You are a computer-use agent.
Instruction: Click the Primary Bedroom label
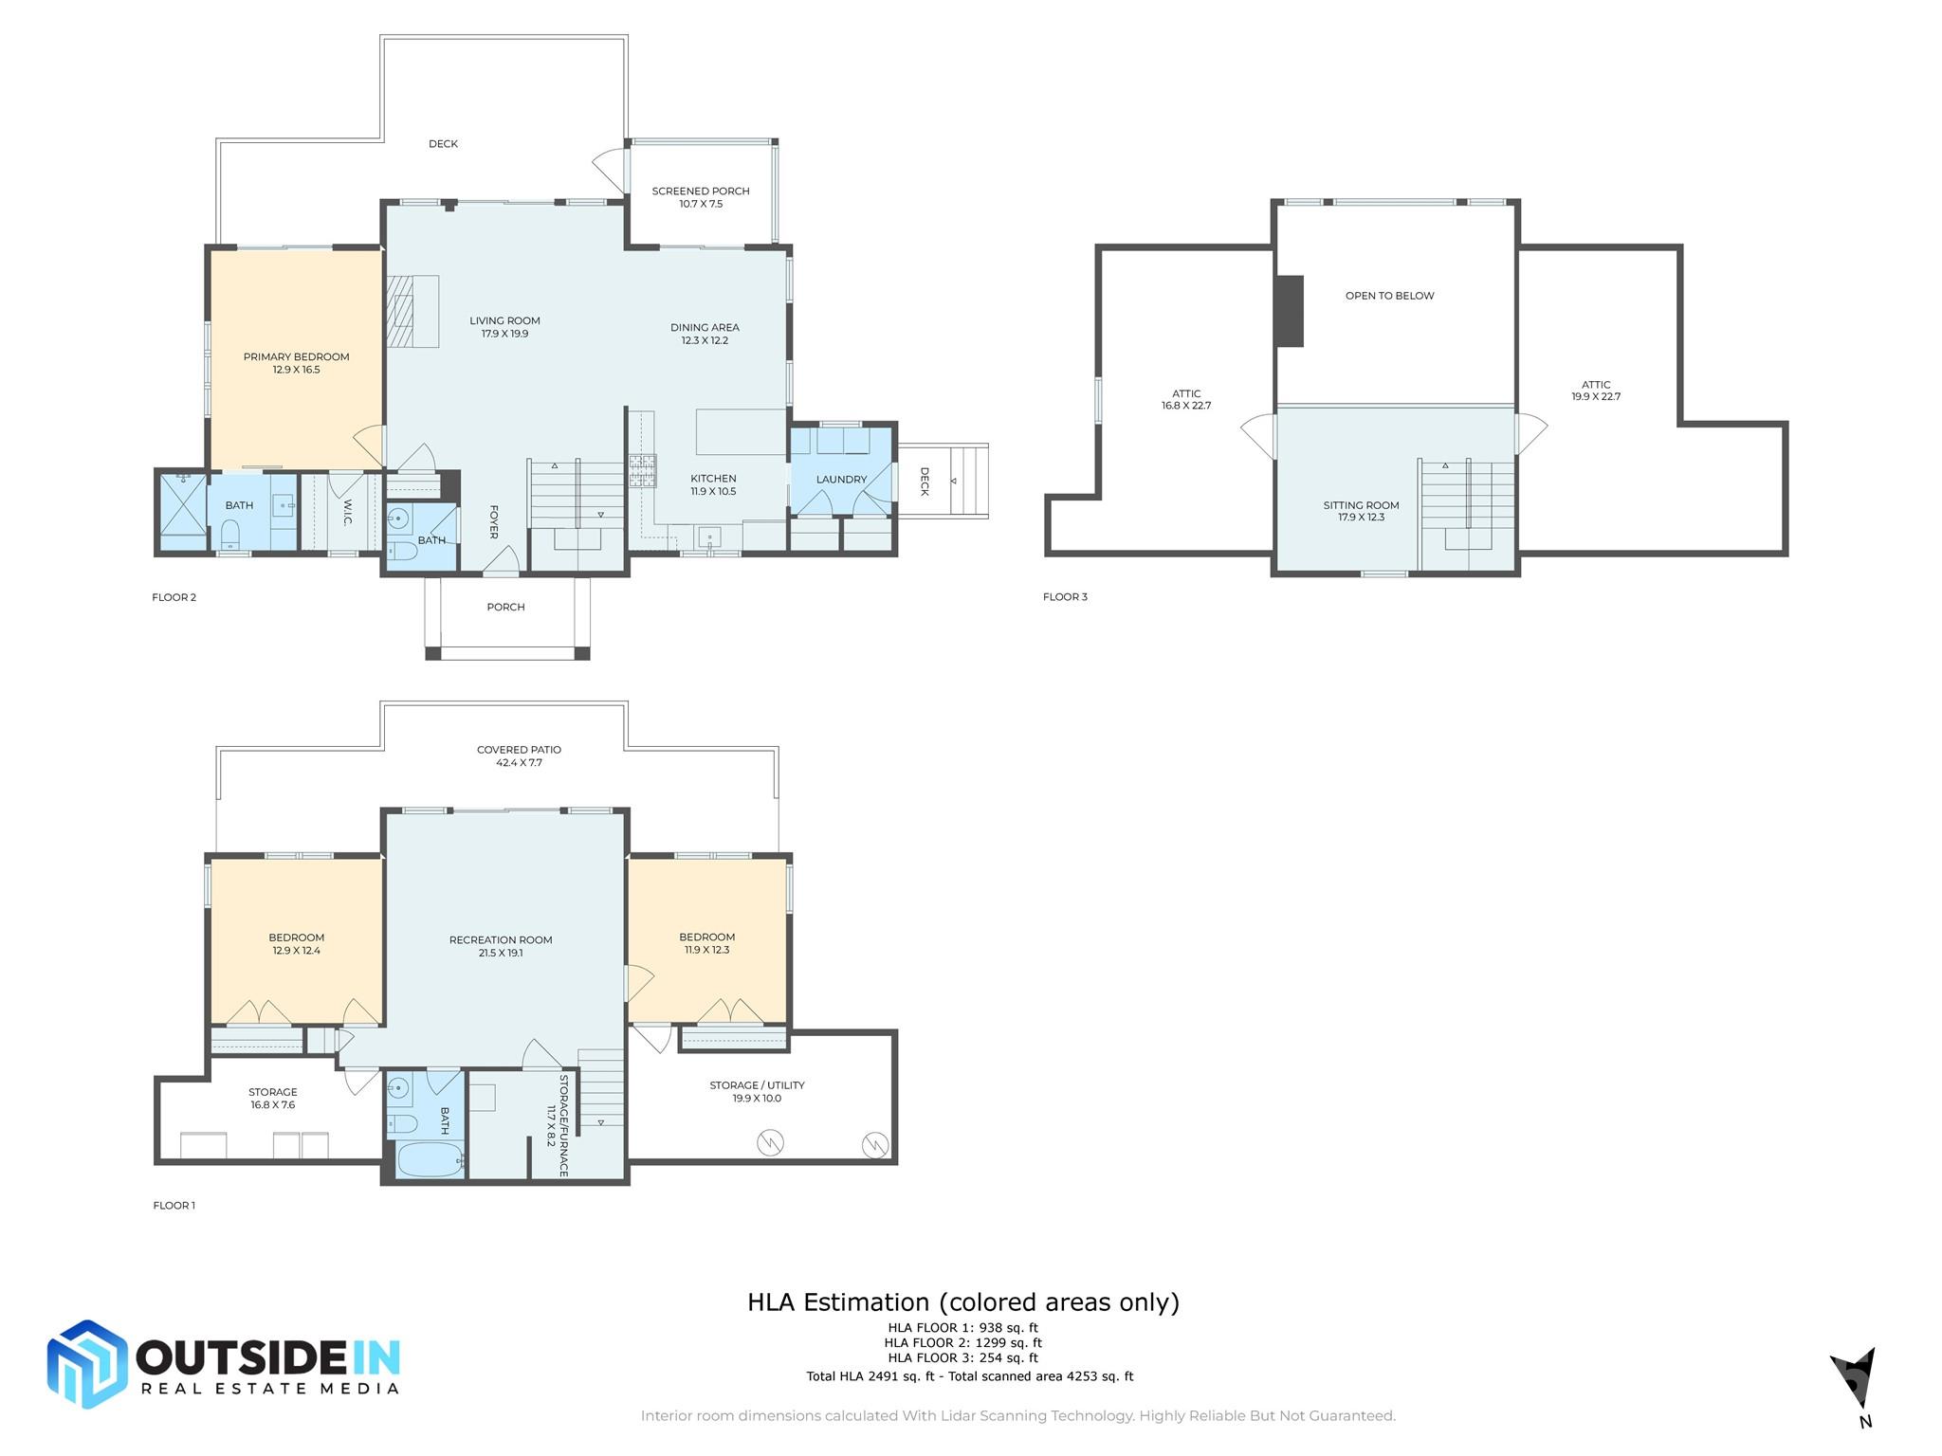pos(296,357)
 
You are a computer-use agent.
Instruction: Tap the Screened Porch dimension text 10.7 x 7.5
pos(701,204)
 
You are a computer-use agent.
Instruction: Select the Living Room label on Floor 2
pos(504,321)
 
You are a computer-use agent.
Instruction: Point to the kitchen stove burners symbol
pos(642,470)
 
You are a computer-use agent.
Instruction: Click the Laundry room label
pos(841,480)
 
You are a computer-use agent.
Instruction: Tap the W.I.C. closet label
pos(347,513)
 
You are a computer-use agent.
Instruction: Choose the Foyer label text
pos(493,522)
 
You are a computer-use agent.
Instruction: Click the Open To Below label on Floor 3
pos(1389,296)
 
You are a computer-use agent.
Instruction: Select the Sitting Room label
pos(1361,505)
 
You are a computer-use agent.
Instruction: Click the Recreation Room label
pos(501,940)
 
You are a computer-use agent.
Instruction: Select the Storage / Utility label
pos(757,1085)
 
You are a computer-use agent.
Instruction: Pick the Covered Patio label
pos(519,750)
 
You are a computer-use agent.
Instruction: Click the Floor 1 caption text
pos(174,1206)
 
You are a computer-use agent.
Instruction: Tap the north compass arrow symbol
pos(1855,1378)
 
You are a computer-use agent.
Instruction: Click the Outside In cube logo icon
pos(87,1364)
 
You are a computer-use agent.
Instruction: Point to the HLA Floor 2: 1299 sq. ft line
pos(962,1342)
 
